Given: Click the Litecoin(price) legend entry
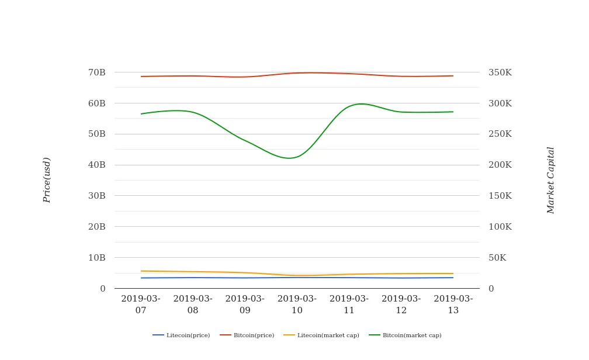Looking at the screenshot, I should (181, 335).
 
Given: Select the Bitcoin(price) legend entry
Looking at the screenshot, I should (247, 335).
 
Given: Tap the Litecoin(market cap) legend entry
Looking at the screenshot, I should (321, 335).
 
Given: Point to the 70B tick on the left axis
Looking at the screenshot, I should (96, 72).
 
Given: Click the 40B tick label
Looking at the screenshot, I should (96, 165).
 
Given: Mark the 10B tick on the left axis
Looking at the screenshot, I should (96, 258).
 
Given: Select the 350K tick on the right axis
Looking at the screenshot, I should (500, 72).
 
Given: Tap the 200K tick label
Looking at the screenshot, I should (500, 165).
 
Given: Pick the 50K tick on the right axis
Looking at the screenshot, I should (498, 258).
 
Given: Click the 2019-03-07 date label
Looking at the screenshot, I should (141, 304).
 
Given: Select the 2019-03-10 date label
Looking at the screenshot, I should (297, 304).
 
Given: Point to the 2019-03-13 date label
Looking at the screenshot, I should (453, 304).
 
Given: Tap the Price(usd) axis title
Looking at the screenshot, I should (47, 180).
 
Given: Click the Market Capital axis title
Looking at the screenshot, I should (550, 180).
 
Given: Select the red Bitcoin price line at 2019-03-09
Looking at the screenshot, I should (245, 77).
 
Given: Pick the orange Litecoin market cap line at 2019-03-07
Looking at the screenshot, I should (141, 271).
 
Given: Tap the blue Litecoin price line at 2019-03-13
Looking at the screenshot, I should (453, 278).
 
